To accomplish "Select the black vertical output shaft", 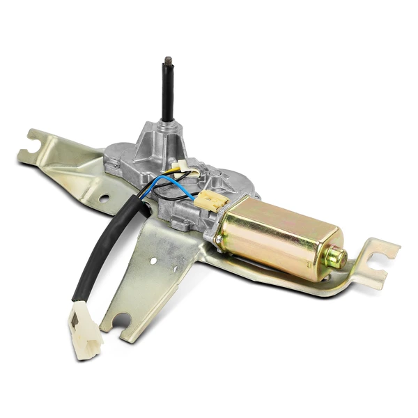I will (167, 98).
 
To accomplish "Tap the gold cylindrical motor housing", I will (279, 233).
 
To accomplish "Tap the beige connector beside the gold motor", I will (210, 201).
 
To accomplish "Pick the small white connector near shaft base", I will (184, 166).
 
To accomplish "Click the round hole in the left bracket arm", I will (104, 198).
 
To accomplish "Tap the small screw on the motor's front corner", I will (219, 240).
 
